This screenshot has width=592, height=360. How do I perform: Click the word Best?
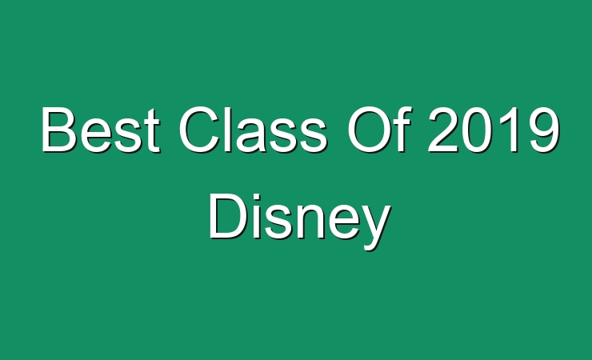tap(100, 129)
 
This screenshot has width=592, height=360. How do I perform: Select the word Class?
tap(253, 129)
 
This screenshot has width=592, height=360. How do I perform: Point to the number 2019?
tap(494, 129)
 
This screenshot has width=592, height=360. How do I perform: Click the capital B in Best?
tap(58, 129)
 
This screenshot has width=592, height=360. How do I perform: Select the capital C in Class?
tap(199, 129)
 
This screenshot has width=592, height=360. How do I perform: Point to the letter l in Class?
tap(230, 129)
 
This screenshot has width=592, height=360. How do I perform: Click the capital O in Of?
tap(370, 129)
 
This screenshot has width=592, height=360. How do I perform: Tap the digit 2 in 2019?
tap(442, 129)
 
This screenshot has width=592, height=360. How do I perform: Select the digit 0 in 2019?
tap(477, 129)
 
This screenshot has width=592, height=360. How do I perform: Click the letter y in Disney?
tap(375, 227)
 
